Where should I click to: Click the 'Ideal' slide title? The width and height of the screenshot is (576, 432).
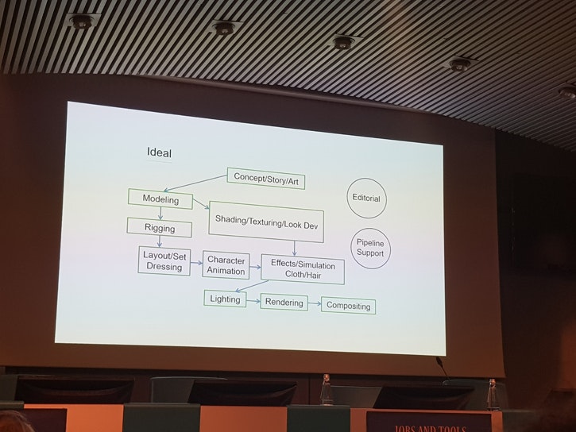coord(159,152)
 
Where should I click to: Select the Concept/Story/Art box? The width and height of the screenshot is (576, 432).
coord(266,179)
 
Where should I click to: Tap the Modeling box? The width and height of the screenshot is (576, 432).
coord(160,199)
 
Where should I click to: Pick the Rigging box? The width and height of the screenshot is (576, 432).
coord(160,228)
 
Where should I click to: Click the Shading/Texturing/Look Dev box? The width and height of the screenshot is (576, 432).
coord(266,222)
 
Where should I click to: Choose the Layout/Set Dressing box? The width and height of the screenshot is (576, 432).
coord(164,261)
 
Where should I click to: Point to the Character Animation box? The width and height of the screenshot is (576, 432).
coord(226,265)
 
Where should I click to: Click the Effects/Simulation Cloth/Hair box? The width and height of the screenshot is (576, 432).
coord(303,269)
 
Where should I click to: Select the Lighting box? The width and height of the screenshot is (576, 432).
coord(225,299)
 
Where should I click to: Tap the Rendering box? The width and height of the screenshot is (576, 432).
coord(284,302)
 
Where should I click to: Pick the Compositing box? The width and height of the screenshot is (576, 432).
coord(348,306)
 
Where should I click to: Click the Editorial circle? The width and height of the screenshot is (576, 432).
coord(366,199)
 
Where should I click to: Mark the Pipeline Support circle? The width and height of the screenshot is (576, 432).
coord(370,248)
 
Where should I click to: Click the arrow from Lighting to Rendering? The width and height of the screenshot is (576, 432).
coord(253,301)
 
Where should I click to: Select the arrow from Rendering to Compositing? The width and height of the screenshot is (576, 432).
coord(315,303)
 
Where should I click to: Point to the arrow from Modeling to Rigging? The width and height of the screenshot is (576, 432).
coord(160,214)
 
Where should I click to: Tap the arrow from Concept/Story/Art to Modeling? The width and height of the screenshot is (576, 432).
coord(195,183)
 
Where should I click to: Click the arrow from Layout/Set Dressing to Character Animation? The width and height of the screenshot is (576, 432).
coord(196,263)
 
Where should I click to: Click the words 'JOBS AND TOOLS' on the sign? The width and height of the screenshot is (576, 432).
coord(430,428)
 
